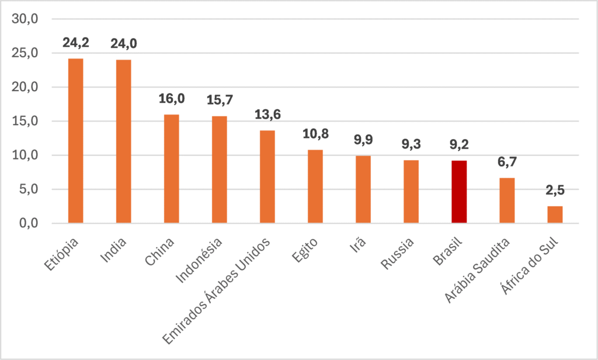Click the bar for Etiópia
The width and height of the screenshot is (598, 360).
pyautogui.click(x=75, y=140)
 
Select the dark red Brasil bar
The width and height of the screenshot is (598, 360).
pyautogui.click(x=459, y=192)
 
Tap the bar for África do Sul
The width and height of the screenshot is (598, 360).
pyautogui.click(x=555, y=214)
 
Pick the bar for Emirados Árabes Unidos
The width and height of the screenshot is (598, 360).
pyautogui.click(x=267, y=176)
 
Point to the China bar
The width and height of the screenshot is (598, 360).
pyautogui.click(x=172, y=169)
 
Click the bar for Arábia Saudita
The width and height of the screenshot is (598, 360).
pyautogui.click(x=507, y=200)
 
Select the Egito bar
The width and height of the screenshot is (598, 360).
pyautogui.click(x=315, y=186)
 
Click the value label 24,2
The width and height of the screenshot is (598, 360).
pyautogui.click(x=76, y=43)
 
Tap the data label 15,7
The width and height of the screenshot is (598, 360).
pyautogui.click(x=220, y=100)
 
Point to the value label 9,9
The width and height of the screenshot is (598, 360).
pyautogui.click(x=363, y=140)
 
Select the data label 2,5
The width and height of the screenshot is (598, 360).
pyautogui.click(x=555, y=190)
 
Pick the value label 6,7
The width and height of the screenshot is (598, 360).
pyautogui.click(x=507, y=162)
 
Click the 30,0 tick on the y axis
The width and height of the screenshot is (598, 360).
pyautogui.click(x=25, y=19)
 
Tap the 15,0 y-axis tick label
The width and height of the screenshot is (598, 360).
pyautogui.click(x=25, y=121)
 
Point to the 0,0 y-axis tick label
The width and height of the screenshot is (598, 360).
pyautogui.click(x=29, y=223)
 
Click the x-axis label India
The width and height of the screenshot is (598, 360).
pyautogui.click(x=113, y=250)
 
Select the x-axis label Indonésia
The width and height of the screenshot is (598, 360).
pyautogui.click(x=199, y=260)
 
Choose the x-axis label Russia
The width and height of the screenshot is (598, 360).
pyautogui.click(x=397, y=254)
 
